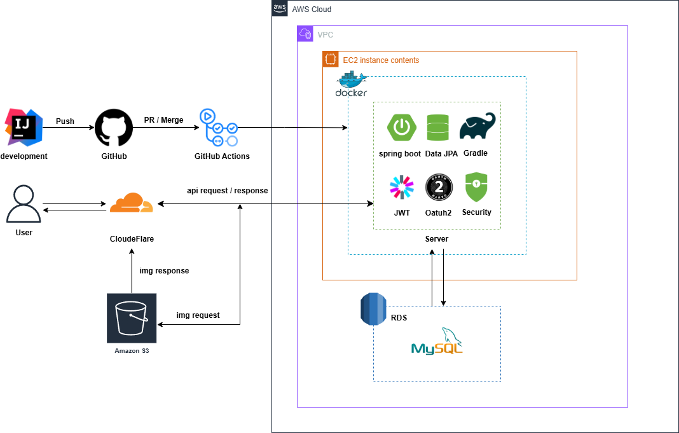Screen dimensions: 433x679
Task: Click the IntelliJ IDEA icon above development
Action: [x=24, y=127]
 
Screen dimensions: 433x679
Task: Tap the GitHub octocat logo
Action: [x=114, y=127]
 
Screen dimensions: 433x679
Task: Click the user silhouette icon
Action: [x=24, y=203]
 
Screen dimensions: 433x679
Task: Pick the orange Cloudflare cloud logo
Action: [x=131, y=203]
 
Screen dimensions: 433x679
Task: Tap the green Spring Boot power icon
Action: [x=401, y=127]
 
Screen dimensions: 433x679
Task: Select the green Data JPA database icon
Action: [x=437, y=127]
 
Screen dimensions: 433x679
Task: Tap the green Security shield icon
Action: [x=476, y=188]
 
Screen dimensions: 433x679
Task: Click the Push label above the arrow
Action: [x=65, y=120]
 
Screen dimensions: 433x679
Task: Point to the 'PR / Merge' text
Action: [x=163, y=120]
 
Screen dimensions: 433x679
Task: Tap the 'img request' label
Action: [x=198, y=315]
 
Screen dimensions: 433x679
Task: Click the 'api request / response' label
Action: [x=227, y=191]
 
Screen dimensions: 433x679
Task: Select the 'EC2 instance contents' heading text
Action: [x=381, y=60]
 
